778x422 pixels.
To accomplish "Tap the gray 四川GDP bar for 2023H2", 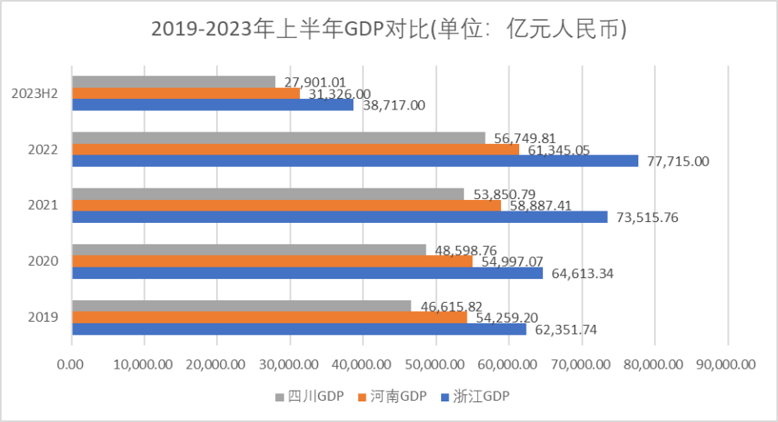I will pos(173,81).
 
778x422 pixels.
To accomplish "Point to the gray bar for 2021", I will pos(268,194).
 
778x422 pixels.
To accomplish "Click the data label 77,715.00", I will pos(679,161).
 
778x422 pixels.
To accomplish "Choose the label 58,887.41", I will pos(542,206).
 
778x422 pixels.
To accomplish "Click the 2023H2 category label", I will pos(34,94).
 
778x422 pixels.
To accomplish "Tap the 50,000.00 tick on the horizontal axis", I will pos(436,364).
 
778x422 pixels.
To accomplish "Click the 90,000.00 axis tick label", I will pos(727,364).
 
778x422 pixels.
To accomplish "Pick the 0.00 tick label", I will pos(71,364).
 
